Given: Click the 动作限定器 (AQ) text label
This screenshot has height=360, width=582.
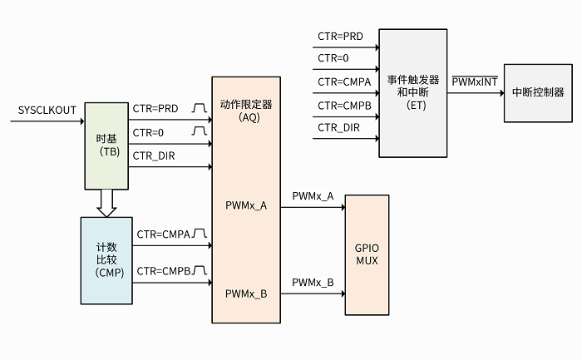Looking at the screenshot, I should pyautogui.click(x=246, y=111).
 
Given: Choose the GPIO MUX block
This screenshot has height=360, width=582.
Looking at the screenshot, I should pyautogui.click(x=366, y=254).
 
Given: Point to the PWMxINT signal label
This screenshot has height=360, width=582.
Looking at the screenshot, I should pyautogui.click(x=474, y=82).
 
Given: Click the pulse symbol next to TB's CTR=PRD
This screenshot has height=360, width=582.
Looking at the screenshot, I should pyautogui.click(x=198, y=109).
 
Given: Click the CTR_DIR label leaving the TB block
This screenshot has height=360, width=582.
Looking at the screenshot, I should pyautogui.click(x=154, y=155).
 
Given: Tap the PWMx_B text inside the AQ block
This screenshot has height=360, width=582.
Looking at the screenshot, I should pyautogui.click(x=246, y=293).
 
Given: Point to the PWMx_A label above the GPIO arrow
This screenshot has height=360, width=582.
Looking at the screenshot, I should pyautogui.click(x=313, y=196).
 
